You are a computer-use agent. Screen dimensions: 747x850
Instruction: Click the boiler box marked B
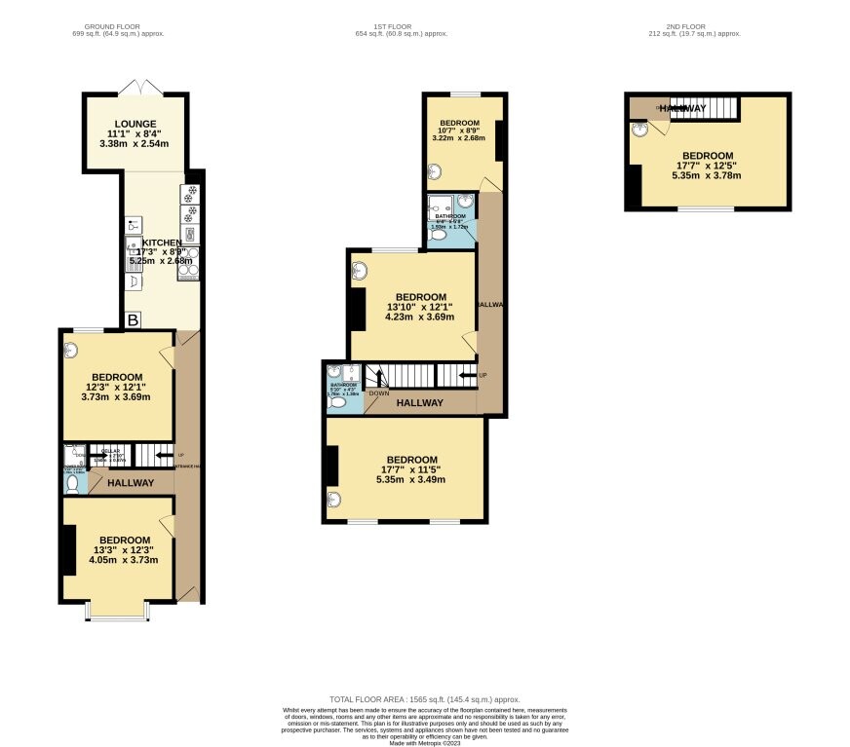(x=133, y=320)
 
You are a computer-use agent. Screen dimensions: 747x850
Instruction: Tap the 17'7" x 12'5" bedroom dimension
(x=708, y=166)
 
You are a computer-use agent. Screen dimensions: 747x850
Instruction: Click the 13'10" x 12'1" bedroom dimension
(x=419, y=307)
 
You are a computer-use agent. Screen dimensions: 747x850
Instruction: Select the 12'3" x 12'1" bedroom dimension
(x=116, y=387)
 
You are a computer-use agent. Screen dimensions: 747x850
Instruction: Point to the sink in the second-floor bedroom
(x=638, y=128)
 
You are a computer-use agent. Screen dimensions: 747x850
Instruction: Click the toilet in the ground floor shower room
(x=71, y=483)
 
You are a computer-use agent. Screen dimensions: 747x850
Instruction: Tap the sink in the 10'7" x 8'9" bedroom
(x=434, y=172)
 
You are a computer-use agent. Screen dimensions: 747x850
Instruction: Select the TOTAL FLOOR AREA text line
(x=424, y=699)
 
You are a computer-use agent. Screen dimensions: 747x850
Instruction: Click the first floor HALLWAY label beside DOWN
(x=419, y=402)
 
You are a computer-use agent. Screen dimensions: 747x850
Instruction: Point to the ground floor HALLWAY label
(x=130, y=483)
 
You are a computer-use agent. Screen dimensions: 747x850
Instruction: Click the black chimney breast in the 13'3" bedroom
(x=69, y=550)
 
